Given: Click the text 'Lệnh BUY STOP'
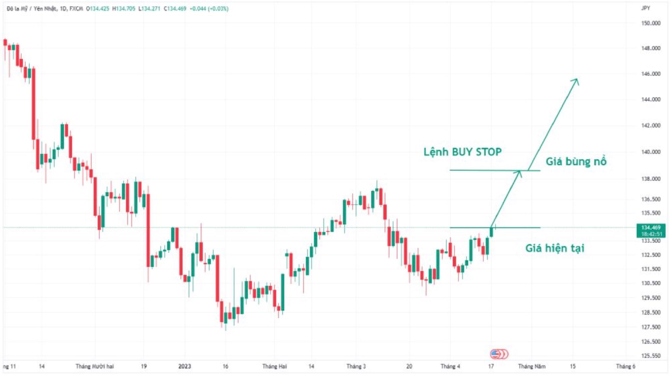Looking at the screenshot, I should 462,152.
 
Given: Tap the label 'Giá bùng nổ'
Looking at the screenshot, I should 576,162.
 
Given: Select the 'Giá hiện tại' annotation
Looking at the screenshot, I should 554,248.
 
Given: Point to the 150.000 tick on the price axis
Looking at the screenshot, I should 650,23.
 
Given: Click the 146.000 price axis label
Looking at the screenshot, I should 650,74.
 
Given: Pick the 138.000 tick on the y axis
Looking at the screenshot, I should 650,179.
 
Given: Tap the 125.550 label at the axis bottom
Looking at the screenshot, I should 650,355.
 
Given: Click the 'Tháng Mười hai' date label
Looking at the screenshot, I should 95,366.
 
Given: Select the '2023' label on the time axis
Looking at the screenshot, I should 184,366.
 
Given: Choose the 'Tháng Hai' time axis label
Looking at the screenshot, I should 274,366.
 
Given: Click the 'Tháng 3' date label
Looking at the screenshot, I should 356,366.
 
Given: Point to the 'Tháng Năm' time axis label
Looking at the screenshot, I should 532,366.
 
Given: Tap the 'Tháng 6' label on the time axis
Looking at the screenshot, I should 625,366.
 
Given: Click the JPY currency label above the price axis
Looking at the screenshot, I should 645,8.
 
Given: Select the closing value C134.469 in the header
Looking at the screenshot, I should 175,9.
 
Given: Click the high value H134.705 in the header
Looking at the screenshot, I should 124,9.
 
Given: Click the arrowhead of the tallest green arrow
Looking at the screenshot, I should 577,80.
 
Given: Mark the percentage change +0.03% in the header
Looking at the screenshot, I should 218,9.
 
